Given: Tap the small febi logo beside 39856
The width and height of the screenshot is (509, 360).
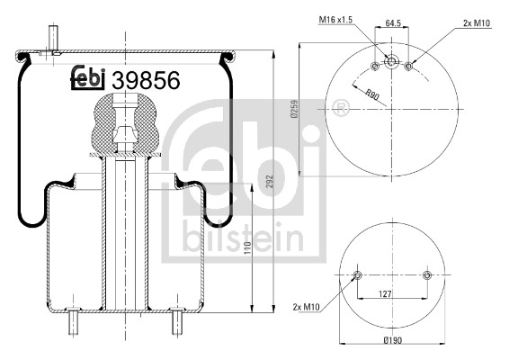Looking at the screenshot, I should point(89,79).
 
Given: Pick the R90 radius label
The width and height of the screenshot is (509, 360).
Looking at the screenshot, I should point(371,91).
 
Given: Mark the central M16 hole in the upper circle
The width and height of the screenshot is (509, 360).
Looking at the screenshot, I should point(391,61).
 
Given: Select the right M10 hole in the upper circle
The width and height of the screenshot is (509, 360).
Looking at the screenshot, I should point(408,66).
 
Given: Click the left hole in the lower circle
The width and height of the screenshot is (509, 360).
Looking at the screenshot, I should point(358,274).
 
